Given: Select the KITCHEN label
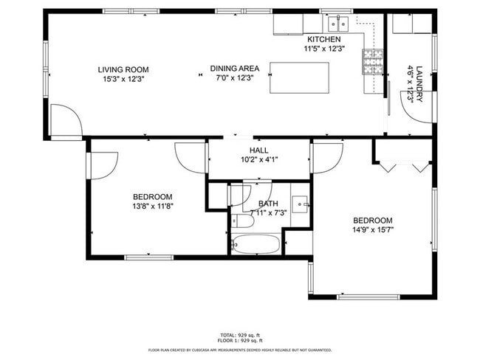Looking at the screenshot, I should [x=323, y=39].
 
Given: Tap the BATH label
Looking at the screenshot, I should [x=268, y=204].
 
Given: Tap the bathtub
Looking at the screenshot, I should [x=256, y=244].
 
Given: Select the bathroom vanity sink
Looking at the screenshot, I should [x=299, y=203].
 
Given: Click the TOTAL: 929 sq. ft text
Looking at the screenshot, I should [x=239, y=335].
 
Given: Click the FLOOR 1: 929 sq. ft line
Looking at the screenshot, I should [x=239, y=341].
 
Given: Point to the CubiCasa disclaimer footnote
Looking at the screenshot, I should [x=239, y=350].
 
